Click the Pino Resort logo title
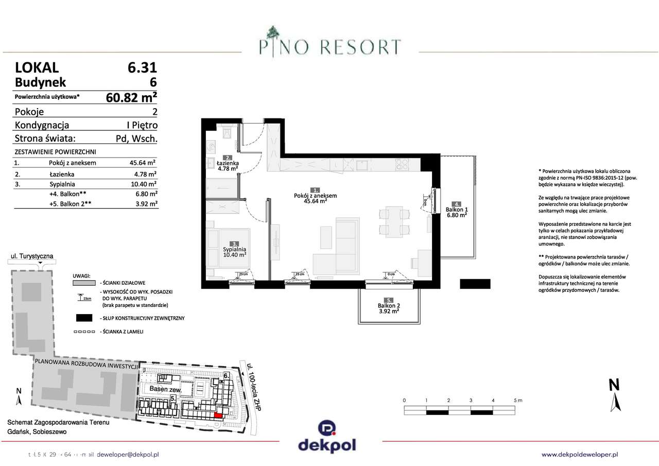click(x=329, y=47)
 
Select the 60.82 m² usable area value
click(x=131, y=97)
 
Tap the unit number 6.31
click(x=142, y=67)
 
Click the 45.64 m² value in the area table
click(x=143, y=163)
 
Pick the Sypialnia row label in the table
click(x=63, y=183)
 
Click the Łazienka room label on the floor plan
click(x=227, y=164)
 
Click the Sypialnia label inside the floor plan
click(x=234, y=249)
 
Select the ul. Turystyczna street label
click(x=32, y=256)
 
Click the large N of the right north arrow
click(x=614, y=385)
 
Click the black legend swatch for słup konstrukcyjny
click(x=84, y=318)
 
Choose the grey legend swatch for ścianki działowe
click(x=84, y=283)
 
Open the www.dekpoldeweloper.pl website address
click(x=580, y=454)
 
